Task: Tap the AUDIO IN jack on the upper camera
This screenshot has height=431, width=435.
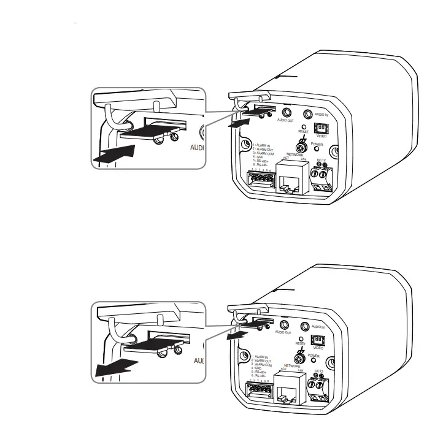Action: coord(309,113)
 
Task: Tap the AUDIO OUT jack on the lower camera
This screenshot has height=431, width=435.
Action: coord(284,326)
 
